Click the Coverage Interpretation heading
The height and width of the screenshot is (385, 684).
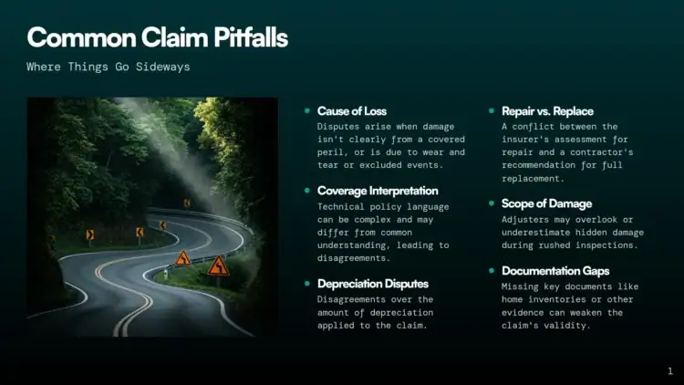[378, 191]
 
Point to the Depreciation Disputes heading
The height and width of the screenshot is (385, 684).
[372, 284]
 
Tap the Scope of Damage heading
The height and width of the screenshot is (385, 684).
[546, 203]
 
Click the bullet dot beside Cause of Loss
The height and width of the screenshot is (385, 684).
[307, 110]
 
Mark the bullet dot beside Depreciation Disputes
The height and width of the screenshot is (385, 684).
[307, 284]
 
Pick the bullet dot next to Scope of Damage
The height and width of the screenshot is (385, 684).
[492, 203]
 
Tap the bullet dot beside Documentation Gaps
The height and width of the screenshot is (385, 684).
[492, 271]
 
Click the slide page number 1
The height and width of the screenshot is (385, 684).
[670, 371]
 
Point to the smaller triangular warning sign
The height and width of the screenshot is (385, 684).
[183, 258]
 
